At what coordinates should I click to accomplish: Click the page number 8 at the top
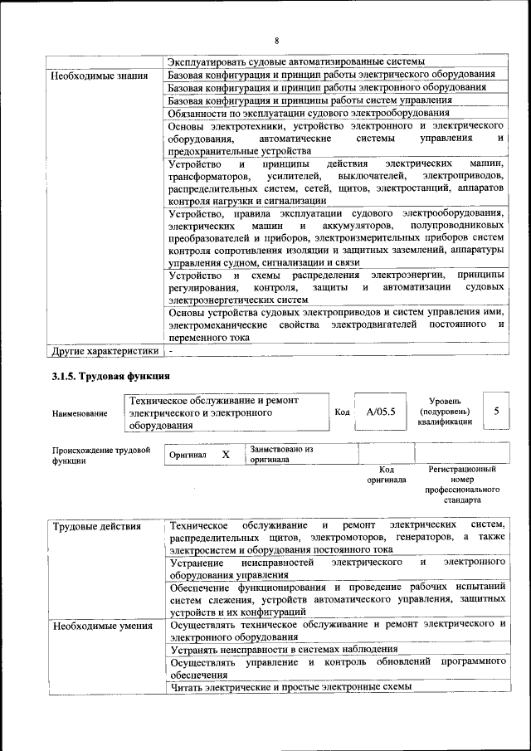point(277,41)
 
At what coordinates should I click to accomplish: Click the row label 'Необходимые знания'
point(93,76)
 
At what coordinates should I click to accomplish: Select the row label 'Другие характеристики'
point(105,350)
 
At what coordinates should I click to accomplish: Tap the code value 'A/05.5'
point(381,412)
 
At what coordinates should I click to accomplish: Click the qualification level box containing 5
point(496,411)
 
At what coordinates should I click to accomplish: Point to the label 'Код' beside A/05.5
point(342,412)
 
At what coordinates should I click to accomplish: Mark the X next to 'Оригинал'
point(225,455)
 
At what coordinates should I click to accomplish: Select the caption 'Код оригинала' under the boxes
point(386,474)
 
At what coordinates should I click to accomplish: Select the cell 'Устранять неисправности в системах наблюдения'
point(283,649)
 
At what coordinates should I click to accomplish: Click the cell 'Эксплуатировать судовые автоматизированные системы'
point(296,61)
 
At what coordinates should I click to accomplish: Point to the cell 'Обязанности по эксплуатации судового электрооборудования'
point(309,113)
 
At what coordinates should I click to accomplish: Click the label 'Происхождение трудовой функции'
point(100,456)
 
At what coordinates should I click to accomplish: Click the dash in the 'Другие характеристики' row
point(171,350)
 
